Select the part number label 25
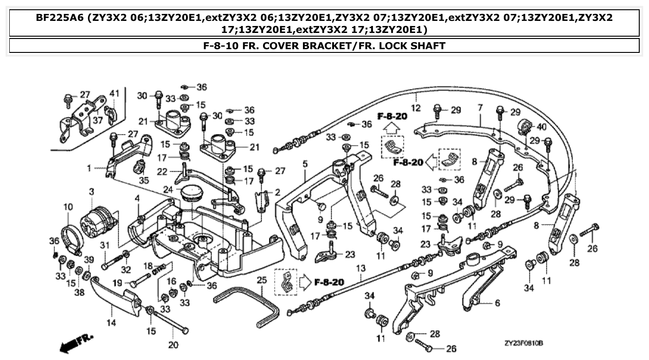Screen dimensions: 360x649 coord(261,280)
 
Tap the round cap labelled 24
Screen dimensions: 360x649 coord(190,193)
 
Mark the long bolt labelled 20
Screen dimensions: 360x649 coord(171,321)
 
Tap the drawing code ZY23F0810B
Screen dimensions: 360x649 coord(523,343)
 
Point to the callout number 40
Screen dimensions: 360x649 coord(542,126)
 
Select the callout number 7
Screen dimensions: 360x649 coord(480,107)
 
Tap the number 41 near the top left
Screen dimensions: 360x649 coord(114,93)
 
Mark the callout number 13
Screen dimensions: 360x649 coord(361,268)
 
